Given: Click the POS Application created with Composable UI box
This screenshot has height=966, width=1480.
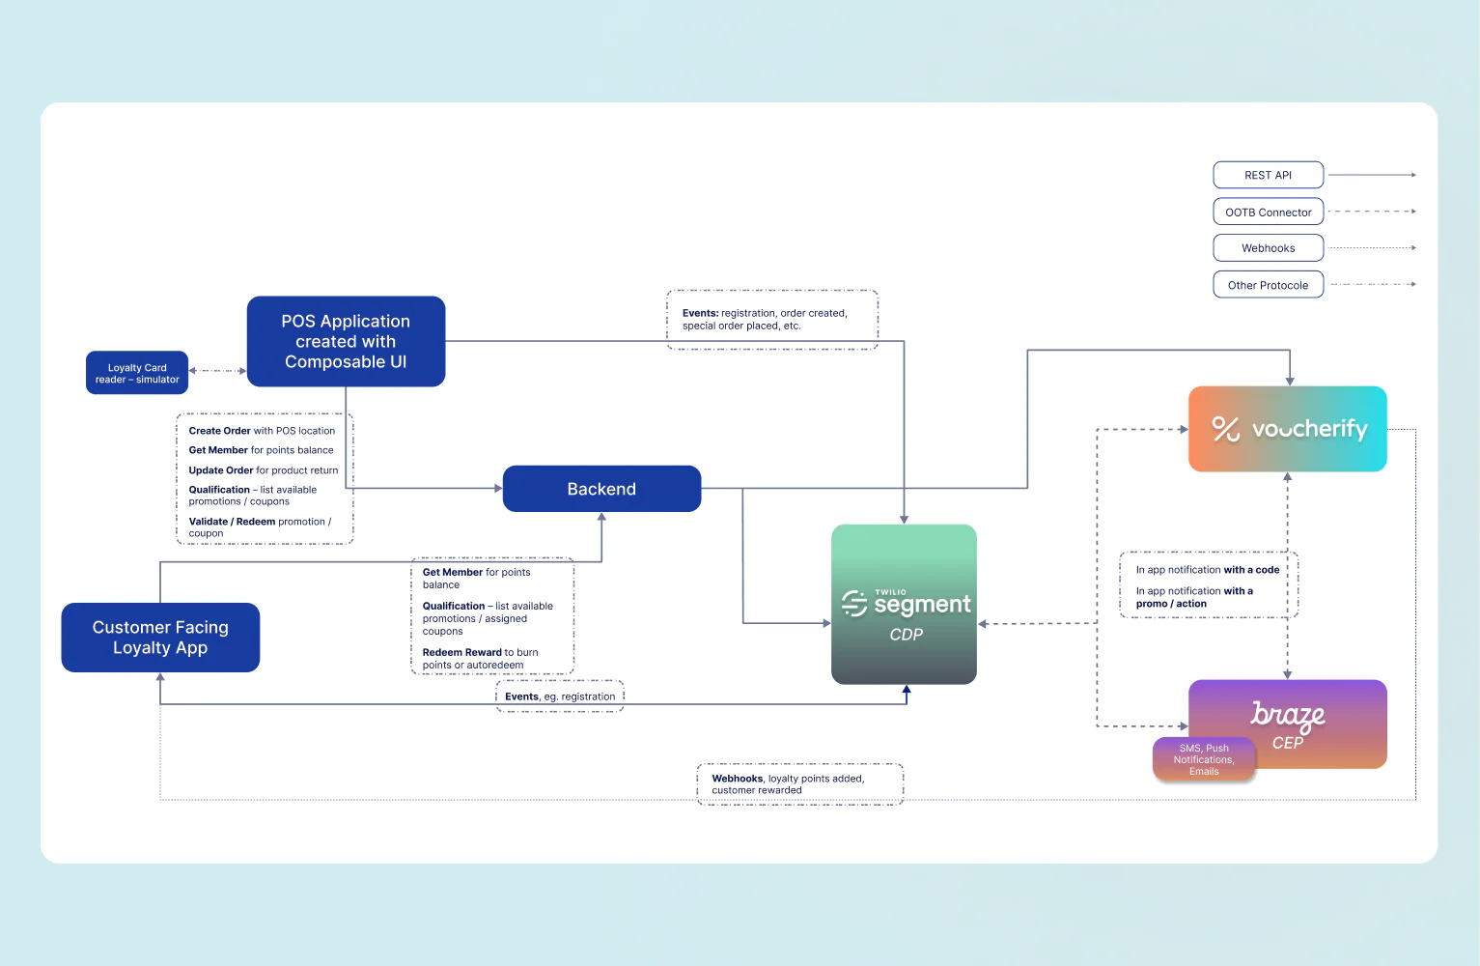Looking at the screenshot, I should click(346, 341).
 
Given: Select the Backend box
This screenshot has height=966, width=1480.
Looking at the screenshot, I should click(601, 489).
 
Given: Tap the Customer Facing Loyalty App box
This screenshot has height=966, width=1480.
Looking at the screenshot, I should click(160, 638).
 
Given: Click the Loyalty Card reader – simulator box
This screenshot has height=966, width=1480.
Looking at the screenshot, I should click(137, 373).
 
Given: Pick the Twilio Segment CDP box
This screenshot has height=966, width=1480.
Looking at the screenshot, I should click(904, 605).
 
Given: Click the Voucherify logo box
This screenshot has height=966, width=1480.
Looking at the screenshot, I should click(1287, 429).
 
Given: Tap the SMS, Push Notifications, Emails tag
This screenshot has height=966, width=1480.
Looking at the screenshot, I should click(1204, 759).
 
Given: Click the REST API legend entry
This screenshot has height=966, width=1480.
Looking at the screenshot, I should click(1268, 175).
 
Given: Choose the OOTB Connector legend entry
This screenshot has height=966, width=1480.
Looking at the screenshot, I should click(1268, 212).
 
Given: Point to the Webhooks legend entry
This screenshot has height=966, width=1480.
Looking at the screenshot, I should click(1268, 248).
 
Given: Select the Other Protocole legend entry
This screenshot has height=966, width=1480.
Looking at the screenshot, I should click(1268, 285).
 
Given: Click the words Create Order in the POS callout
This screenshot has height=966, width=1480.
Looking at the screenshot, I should click(219, 431).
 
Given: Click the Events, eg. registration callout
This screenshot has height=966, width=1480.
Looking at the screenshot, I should click(560, 696).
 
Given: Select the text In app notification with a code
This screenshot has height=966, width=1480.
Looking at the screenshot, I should click(1207, 570).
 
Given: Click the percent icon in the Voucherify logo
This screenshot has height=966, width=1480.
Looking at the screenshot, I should click(1225, 429).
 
